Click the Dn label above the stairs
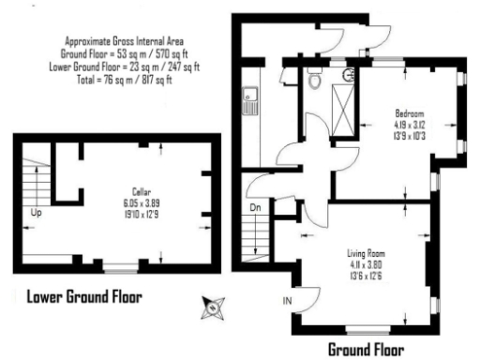254,208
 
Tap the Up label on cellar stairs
37,212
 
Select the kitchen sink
251,98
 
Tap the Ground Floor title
366,350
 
